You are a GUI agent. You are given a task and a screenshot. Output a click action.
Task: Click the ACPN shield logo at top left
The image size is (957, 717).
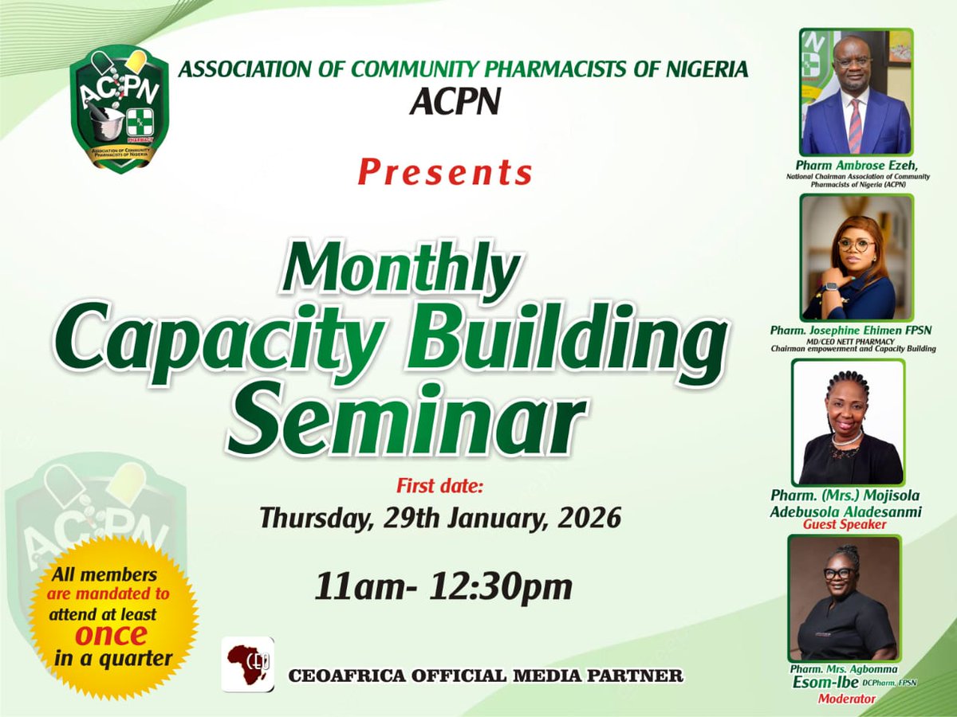pyautogui.click(x=120, y=108)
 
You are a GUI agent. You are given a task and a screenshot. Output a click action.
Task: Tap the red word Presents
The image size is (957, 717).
pyautogui.click(x=445, y=172)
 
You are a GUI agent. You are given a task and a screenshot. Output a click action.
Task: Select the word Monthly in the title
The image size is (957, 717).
pyautogui.click(x=400, y=267)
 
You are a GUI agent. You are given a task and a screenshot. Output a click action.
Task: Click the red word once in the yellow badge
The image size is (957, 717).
pyautogui.click(x=112, y=635)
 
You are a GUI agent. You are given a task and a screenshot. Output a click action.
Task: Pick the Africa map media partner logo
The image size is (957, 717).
pyautogui.click(x=247, y=664)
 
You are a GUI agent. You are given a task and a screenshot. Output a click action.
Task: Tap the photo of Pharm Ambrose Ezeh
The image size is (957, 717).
pyautogui.click(x=856, y=92)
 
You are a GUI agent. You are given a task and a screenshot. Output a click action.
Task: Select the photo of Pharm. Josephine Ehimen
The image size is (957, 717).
pyautogui.click(x=857, y=257)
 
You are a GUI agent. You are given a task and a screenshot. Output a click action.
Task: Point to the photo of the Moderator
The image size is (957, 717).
pyautogui.click(x=844, y=597)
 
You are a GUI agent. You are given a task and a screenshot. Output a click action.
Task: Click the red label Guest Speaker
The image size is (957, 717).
pyautogui.click(x=845, y=525)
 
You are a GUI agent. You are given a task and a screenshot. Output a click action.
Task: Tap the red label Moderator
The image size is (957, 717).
pyautogui.click(x=847, y=699)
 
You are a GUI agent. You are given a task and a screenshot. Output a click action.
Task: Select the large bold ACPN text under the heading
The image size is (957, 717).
pyautogui.click(x=454, y=101)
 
